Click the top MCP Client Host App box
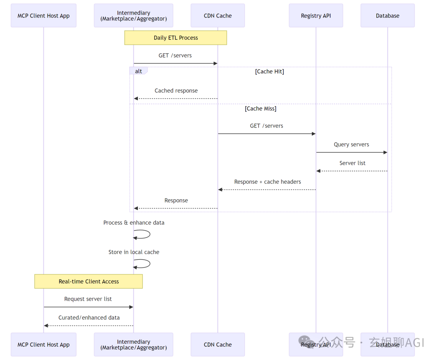coord(43,16)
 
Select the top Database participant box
coord(387,16)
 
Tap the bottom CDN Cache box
coord(218,344)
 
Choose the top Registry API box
coord(316,16)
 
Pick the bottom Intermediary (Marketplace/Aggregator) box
coord(133,344)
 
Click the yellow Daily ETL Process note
coord(176,38)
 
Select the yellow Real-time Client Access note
coord(88,281)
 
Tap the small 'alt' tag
coord(138,71)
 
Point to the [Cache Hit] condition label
coord(270,71)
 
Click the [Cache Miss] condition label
coord(261,108)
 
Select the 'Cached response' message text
coord(176,91)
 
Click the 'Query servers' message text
coord(351,144)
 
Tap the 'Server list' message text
coord(352,163)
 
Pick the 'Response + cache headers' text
coord(268,182)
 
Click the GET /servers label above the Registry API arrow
coord(266,126)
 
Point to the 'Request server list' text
coord(88,299)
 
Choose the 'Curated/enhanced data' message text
coord(89,317)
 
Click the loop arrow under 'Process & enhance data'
coord(150,234)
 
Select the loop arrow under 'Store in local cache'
coord(150,263)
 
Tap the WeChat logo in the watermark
coord(306,342)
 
